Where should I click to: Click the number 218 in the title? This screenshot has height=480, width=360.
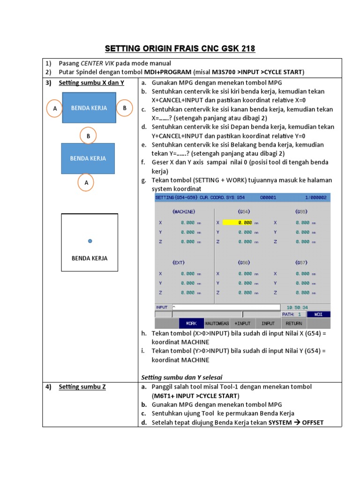[x=247, y=49]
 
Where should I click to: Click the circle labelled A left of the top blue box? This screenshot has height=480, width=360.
[x=55, y=108]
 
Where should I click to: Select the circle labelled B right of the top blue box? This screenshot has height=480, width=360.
[x=125, y=108]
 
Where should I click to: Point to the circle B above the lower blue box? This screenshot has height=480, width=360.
[x=88, y=136]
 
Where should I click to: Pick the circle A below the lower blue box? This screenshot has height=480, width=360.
[x=86, y=182]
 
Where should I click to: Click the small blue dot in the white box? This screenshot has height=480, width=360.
[x=90, y=241]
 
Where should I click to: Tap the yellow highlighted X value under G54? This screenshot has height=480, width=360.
[x=238, y=223]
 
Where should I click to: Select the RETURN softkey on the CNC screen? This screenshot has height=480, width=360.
[x=293, y=323]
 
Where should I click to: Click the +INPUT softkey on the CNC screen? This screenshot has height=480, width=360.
[x=243, y=323]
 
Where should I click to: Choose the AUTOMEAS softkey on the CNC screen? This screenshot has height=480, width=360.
[x=217, y=323]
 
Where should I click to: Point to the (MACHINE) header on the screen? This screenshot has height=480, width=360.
[x=184, y=211]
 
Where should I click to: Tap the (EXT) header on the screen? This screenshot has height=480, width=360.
[x=179, y=262]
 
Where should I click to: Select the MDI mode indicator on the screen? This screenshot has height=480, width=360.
[x=318, y=315]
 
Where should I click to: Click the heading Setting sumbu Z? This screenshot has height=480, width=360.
[x=82, y=387]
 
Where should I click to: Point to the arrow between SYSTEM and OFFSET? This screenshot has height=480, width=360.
[x=297, y=422]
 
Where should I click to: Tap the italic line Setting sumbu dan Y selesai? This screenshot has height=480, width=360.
[x=182, y=377]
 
